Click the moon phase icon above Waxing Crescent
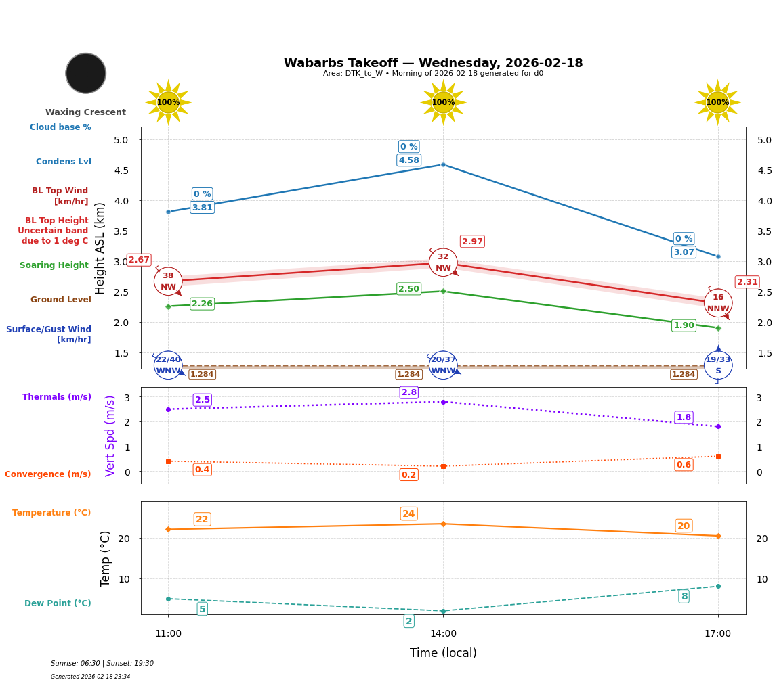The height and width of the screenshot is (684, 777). coord(86,73)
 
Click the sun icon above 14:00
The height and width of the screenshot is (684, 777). coord(443,102)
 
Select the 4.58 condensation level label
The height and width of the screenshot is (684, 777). coord(408,160)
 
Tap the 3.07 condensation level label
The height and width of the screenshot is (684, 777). coord(684,252)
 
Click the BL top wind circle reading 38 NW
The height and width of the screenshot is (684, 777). coord(168,281)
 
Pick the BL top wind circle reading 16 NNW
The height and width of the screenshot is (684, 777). coord(718,303)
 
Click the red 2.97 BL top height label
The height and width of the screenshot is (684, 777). coord(472,242)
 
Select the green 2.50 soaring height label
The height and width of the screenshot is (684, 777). coord(408,289)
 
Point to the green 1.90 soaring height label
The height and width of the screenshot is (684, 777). coord(684,325)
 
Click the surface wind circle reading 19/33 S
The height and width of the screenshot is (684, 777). coord(718,365)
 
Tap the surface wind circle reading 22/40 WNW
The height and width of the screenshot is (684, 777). coord(168,365)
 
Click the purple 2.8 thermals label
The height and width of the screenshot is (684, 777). coord(409,392)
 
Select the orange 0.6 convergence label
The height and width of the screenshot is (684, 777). coord(684,465)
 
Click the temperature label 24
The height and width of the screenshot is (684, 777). coord(408,514)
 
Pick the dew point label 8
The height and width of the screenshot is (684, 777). coord(684,596)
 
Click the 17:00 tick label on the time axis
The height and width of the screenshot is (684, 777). coord(717,634)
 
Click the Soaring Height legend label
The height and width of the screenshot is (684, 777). coord(54,265)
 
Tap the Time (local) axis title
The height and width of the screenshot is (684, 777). coord(443,653)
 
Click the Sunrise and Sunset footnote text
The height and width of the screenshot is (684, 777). coord(102,664)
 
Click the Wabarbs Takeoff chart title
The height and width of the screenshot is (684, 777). coord(433,63)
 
